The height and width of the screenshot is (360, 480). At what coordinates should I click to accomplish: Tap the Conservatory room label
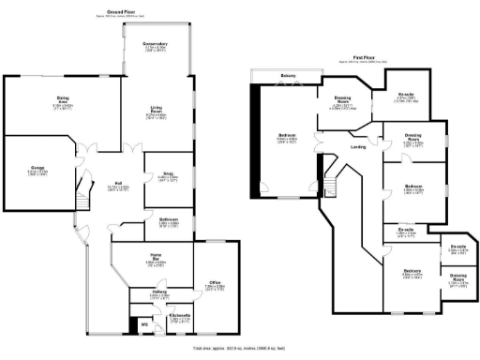155,44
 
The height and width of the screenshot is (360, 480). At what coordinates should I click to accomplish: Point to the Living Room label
155,112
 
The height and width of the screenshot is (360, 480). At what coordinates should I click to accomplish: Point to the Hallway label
148,292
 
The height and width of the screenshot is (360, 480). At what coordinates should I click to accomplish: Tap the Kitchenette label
180,315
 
